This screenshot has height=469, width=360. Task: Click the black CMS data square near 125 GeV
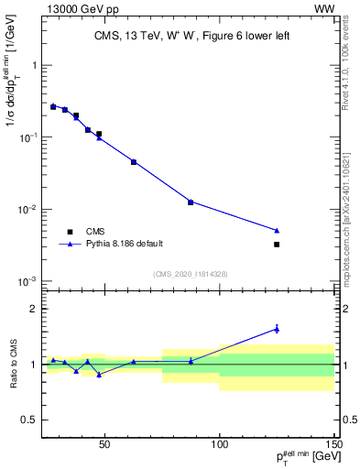point(277,245)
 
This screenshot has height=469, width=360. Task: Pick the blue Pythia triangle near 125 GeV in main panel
point(277,230)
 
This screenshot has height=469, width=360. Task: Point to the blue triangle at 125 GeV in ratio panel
point(277,328)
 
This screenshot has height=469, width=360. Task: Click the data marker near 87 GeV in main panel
point(191,202)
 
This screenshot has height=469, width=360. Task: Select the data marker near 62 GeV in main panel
point(134,162)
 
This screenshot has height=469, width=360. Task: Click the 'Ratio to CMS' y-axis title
point(13,365)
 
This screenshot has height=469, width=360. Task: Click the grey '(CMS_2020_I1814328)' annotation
point(190,274)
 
